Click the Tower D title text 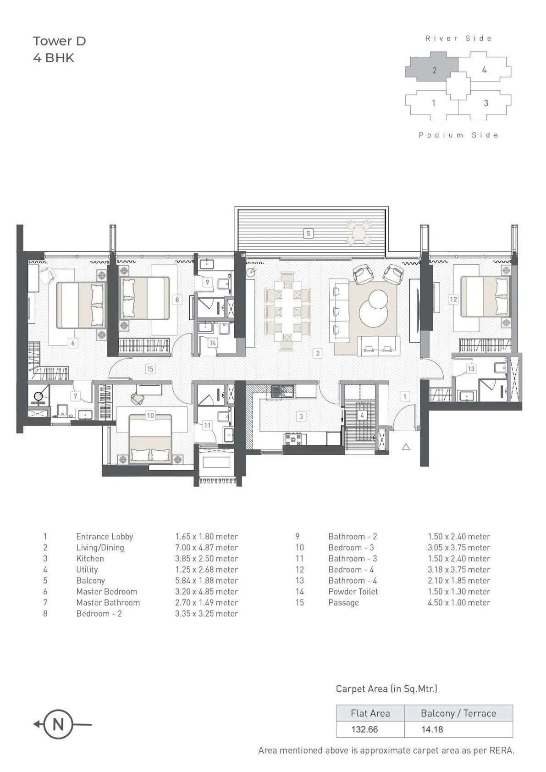[x=59, y=41]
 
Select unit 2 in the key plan [x=433, y=70]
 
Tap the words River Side [x=458, y=39]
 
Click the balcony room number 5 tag [x=308, y=233]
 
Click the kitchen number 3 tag [x=301, y=417]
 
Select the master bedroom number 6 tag [x=72, y=343]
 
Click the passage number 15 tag [x=150, y=368]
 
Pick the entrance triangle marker [x=406, y=446]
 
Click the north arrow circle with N [x=58, y=724]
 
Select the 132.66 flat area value [x=364, y=729]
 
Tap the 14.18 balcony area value [x=432, y=729]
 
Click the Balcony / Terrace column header [x=458, y=713]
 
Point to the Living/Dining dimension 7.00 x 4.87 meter [x=206, y=547]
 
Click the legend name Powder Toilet [x=353, y=591]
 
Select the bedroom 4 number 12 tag [x=453, y=299]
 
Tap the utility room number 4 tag [x=362, y=415]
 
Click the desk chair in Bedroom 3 [x=137, y=399]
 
